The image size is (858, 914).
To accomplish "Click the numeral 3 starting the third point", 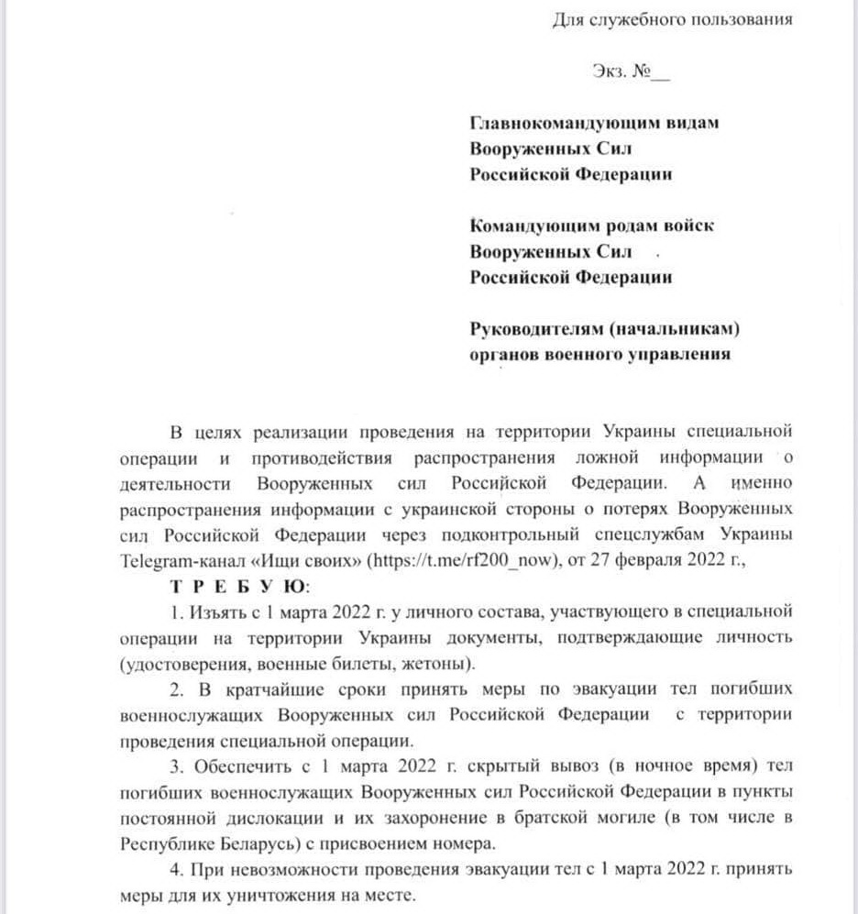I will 175,765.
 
